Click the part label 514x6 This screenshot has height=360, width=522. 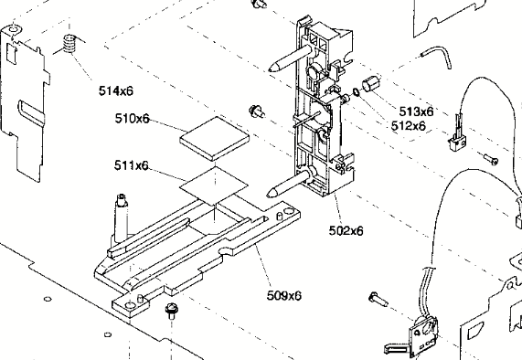coord(116,90)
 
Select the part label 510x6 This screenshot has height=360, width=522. coord(133,119)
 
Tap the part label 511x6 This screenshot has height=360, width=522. coord(131,165)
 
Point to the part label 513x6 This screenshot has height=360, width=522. coord(416,111)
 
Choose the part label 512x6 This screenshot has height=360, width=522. coord(408,126)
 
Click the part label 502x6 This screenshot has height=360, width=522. coord(346,230)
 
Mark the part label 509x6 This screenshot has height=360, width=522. coord(284,295)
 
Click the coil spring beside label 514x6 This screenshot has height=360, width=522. coord(69,44)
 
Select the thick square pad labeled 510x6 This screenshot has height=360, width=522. coord(215,137)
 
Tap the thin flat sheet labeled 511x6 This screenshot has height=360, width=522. coord(215,185)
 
